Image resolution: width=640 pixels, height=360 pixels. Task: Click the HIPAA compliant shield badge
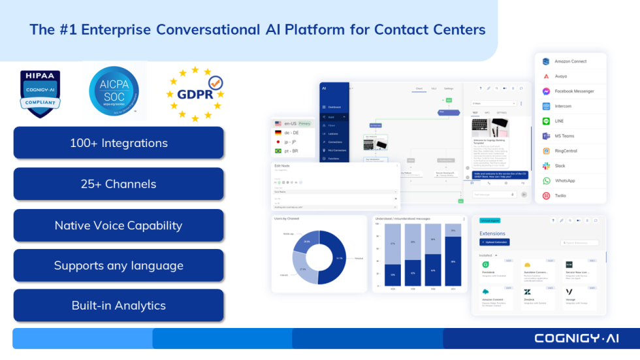(x=40, y=93)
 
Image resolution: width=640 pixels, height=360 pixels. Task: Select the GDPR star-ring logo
(x=195, y=93)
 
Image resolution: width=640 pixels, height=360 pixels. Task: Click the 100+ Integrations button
(x=118, y=143)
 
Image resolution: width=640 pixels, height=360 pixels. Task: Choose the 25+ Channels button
(x=118, y=184)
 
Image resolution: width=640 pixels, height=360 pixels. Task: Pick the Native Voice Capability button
(x=118, y=225)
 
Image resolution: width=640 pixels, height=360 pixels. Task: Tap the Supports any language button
(x=118, y=265)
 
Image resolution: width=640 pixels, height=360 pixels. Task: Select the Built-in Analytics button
(x=118, y=306)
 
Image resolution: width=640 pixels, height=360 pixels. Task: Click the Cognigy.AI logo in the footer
(x=576, y=338)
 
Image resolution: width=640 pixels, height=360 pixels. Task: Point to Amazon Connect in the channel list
(x=570, y=61)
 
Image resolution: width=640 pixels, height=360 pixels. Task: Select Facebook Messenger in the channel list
(x=574, y=91)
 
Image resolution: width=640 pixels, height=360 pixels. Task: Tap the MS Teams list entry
(x=564, y=136)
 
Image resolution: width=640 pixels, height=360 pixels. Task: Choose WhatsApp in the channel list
(x=565, y=180)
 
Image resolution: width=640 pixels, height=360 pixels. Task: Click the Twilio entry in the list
(x=560, y=195)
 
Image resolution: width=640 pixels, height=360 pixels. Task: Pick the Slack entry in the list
(x=560, y=166)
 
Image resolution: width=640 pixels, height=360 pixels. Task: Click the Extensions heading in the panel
(x=492, y=233)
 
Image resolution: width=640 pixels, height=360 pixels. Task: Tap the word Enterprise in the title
(x=115, y=29)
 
